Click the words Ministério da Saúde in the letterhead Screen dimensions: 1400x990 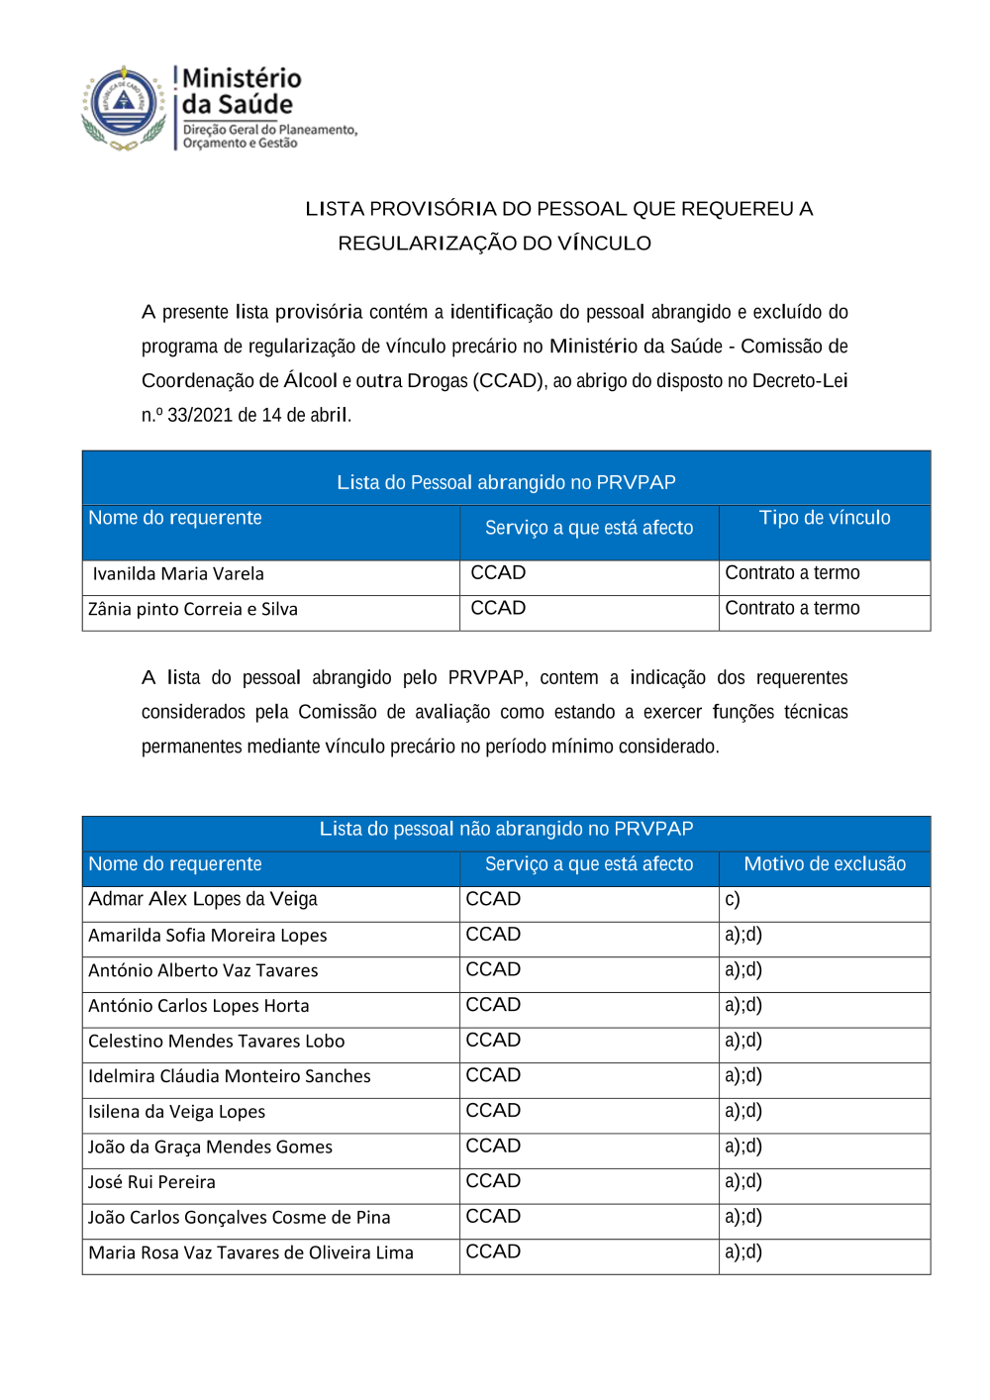[241, 91]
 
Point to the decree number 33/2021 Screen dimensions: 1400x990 [200, 415]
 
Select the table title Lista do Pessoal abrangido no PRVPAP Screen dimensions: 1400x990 [506, 482]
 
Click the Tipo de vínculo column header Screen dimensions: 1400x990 [824, 518]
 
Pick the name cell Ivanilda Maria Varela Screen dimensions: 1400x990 [178, 574]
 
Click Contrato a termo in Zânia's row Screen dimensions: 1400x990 [792, 609]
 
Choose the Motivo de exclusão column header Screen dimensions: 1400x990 [824, 864]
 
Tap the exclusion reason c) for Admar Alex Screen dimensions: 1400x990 [733, 900]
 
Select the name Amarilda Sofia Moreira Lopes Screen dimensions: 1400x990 [207, 936]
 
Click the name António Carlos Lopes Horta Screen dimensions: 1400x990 [198, 1006]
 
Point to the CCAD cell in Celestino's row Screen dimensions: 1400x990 [493, 1041]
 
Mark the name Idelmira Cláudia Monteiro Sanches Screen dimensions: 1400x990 [229, 1076]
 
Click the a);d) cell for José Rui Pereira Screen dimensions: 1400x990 [742, 1182]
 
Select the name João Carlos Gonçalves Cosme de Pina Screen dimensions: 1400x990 [239, 1218]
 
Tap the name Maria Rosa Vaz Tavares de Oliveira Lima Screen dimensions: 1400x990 [250, 1253]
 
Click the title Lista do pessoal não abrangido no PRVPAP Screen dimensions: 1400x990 [506, 830]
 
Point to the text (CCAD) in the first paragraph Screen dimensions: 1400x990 [509, 381]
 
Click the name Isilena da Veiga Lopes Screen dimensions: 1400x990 [176, 1112]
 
